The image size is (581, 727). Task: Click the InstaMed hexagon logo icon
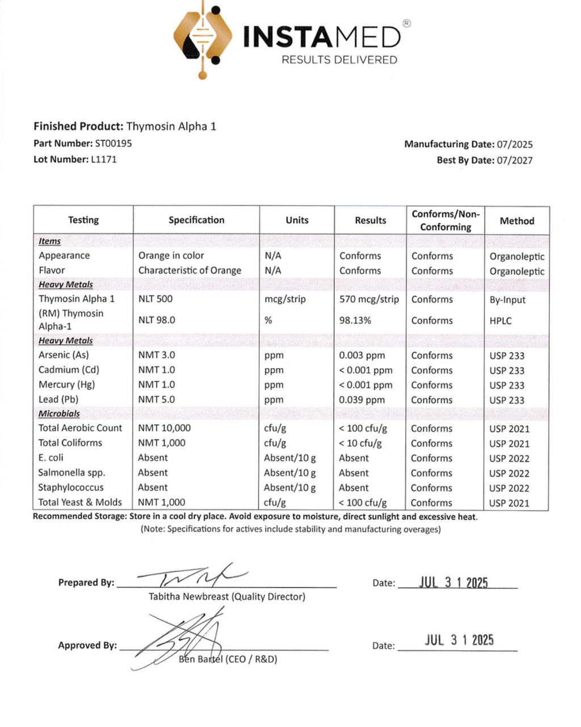pos(203,38)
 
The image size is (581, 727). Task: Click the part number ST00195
pos(113,144)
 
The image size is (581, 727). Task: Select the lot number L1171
pos(104,160)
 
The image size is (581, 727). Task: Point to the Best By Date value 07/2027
pos(515,161)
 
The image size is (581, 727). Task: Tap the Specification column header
pos(196,220)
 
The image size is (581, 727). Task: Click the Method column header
pos(517,221)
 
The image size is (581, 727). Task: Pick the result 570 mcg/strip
pos(369,299)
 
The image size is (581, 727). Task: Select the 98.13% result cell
pos(355,320)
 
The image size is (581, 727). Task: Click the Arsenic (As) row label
pos(64,355)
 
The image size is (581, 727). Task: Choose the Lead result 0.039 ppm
pos(362,400)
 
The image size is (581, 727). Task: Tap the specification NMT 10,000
pos(165,428)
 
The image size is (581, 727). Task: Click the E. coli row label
pos(51,458)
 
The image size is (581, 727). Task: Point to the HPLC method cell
pos(500,321)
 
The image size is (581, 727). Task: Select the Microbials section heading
pos(59,414)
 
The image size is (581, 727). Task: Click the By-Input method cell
pos(508,300)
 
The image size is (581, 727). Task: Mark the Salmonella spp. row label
pos(71,473)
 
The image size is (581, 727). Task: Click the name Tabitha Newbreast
pos(189,597)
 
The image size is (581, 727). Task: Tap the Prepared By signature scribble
pos(193,576)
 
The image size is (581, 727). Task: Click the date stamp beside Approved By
pos(459,640)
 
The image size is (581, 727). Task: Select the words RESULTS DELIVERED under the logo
pos(339,60)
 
